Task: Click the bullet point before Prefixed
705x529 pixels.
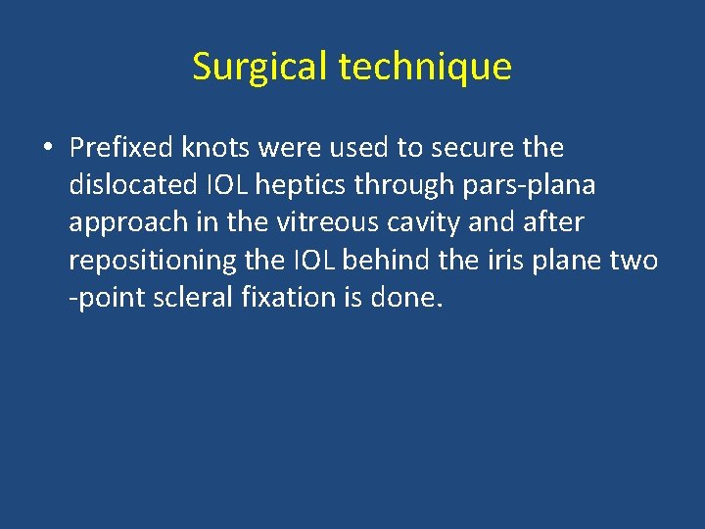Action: click(x=47, y=149)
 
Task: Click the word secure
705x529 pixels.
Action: click(x=474, y=148)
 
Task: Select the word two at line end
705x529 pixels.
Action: click(x=636, y=260)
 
